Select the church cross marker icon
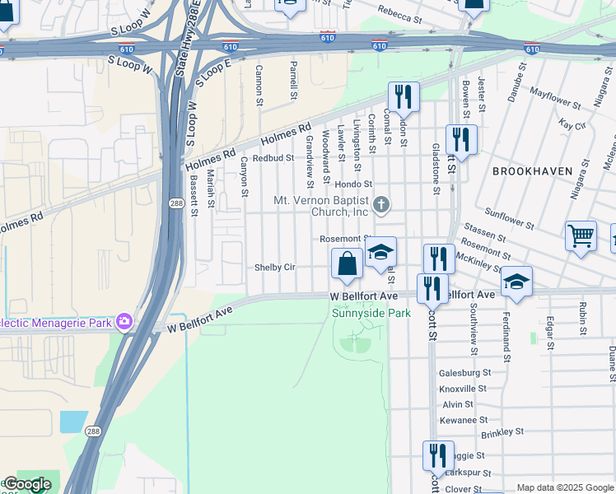(380, 204)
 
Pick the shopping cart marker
(581, 235)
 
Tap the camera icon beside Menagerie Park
(124, 320)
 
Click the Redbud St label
(273, 157)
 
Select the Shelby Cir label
(274, 268)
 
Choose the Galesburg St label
(464, 372)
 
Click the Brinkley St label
(502, 431)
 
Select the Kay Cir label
(572, 125)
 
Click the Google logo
(26, 484)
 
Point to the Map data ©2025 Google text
(565, 487)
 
